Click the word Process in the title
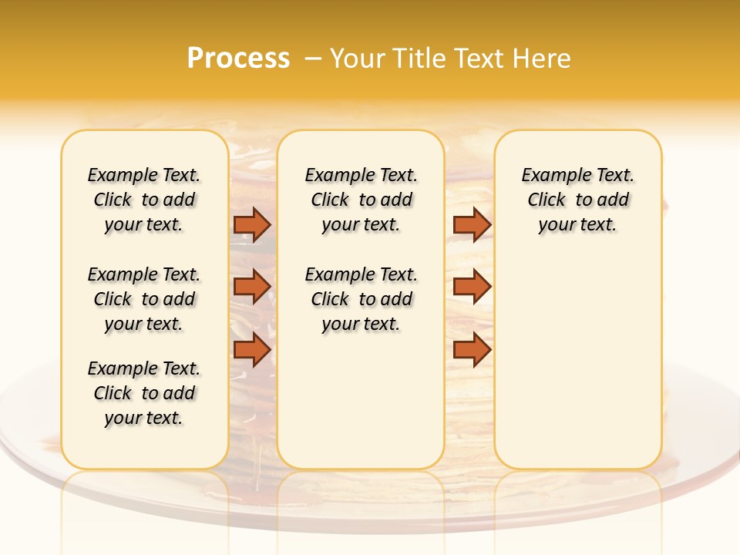click(238, 59)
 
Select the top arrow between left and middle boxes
click(252, 224)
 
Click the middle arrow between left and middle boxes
click(252, 287)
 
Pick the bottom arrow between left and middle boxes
click(252, 349)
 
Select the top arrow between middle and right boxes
click(472, 224)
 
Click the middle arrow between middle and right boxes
click(472, 287)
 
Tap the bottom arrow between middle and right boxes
click(472, 349)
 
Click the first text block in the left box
click(144, 200)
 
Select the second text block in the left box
click(144, 299)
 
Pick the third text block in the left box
click(144, 393)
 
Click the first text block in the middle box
click(361, 200)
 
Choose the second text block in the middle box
click(361, 299)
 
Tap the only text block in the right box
click(577, 200)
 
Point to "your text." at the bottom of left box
click(144, 418)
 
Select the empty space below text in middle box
click(361, 401)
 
